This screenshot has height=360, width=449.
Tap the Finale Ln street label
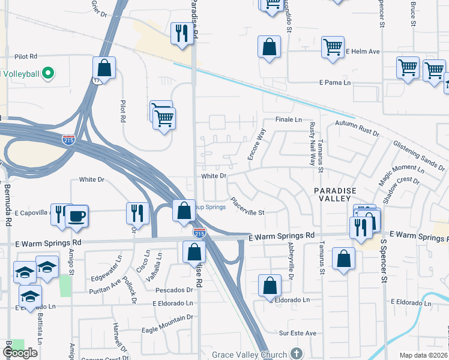click(x=289, y=119)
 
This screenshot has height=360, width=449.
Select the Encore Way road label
click(x=256, y=144)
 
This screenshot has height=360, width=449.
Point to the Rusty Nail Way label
click(x=312, y=144)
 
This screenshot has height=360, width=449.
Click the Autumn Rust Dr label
click(x=358, y=127)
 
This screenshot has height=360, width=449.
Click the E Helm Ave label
click(x=363, y=52)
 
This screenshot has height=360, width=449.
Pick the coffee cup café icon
click(x=76, y=215)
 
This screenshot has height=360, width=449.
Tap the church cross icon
click(x=295, y=354)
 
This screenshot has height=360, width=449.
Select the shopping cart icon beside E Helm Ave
click(x=332, y=47)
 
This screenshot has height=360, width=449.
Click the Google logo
click(x=20, y=353)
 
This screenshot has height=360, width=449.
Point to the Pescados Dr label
click(x=174, y=290)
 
